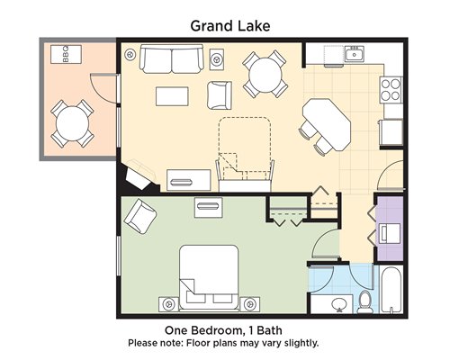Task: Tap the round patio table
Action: pyautogui.click(x=73, y=123)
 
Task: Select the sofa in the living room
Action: pyautogui.click(x=172, y=59)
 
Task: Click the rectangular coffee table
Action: pyautogui.click(x=172, y=96)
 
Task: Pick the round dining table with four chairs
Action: pyautogui.click(x=265, y=75)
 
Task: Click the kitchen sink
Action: pyautogui.click(x=355, y=54)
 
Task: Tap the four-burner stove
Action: pyautogui.click(x=391, y=90)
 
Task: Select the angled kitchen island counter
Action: pyautogui.click(x=327, y=123)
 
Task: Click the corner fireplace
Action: pyautogui.click(x=139, y=177)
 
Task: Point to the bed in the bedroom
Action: pyautogui.click(x=209, y=277)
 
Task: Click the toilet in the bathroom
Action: pyautogui.click(x=365, y=301)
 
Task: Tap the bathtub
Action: pyautogui.click(x=391, y=290)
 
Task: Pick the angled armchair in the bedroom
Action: pyautogui.click(x=140, y=216)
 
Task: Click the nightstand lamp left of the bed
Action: pyautogui.click(x=168, y=304)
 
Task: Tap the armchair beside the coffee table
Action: pyautogui.click(x=220, y=95)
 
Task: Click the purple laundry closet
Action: pyautogui.click(x=390, y=229)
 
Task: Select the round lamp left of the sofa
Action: pyautogui.click(x=130, y=55)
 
